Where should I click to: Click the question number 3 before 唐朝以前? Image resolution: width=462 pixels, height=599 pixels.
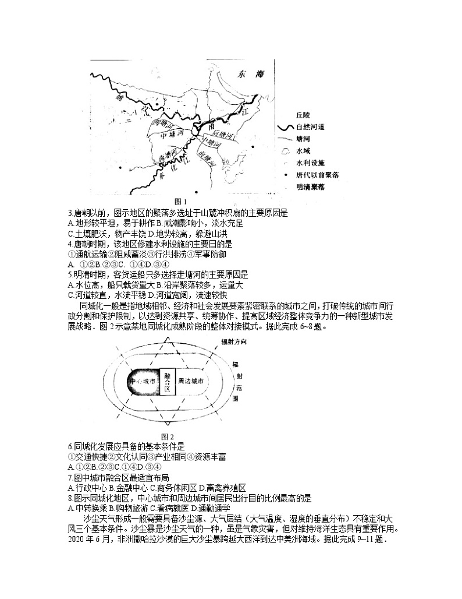[70, 213]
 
